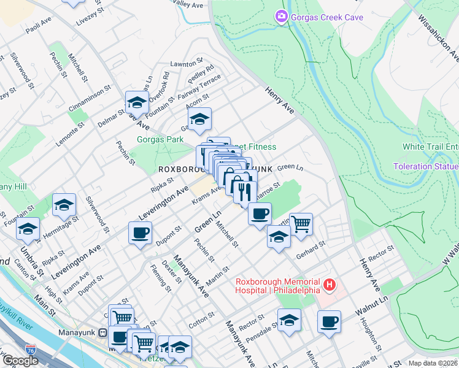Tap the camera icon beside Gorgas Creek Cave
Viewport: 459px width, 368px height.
pos(282,17)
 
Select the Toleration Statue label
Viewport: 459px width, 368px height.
pos(425,166)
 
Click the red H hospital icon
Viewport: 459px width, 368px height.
pos(330,285)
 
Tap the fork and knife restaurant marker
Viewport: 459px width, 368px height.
pos(244,191)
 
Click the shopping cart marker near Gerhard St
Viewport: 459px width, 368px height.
pos(301,224)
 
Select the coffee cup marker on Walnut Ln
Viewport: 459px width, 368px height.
pos(330,321)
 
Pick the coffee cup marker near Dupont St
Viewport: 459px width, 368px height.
pos(141,232)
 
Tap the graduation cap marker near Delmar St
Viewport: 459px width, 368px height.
pos(137,102)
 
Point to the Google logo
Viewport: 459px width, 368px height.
pos(20,361)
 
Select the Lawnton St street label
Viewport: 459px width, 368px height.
pos(187,63)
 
